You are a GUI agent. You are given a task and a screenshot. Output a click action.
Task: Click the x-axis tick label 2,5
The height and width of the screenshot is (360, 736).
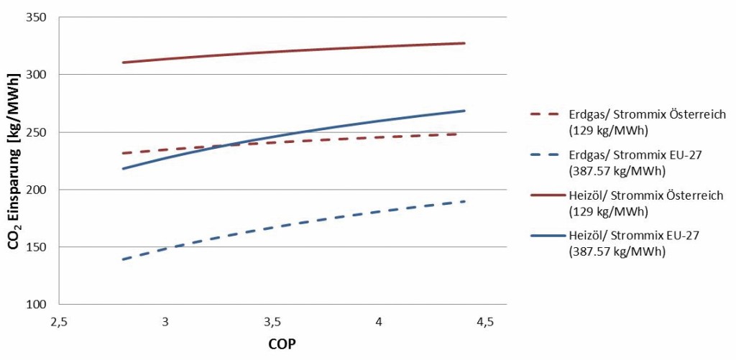tap(59, 321)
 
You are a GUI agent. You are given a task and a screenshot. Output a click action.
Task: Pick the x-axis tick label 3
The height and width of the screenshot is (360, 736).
tap(165, 321)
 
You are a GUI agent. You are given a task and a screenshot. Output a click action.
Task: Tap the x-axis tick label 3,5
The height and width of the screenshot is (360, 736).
tap(272, 321)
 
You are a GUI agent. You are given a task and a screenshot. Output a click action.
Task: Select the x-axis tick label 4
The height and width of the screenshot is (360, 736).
tap(379, 321)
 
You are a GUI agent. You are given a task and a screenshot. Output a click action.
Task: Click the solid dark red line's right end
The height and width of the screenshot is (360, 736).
tap(464, 43)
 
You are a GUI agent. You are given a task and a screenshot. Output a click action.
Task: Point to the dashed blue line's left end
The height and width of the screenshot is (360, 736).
tap(123, 259)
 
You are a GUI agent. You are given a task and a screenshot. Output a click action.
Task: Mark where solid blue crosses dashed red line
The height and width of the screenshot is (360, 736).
tap(229, 146)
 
